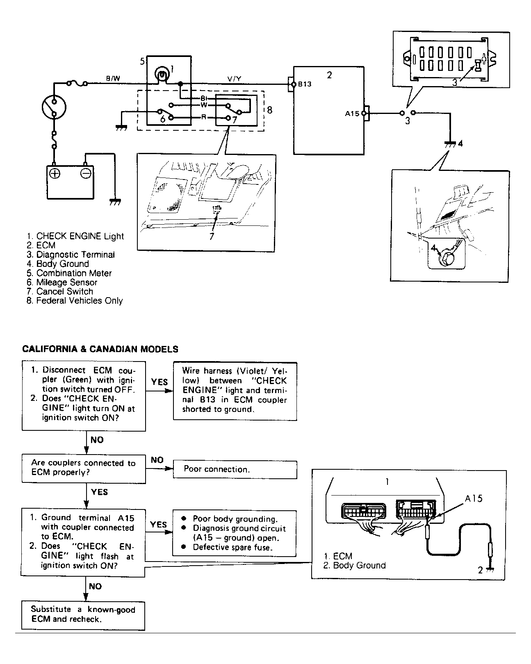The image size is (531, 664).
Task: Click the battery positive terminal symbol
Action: click(x=55, y=173)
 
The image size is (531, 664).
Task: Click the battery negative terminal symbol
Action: click(x=85, y=173)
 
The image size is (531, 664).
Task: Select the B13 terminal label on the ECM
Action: click(x=305, y=84)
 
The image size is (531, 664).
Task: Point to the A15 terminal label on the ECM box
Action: click(x=352, y=114)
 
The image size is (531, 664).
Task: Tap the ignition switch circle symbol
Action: click(x=54, y=107)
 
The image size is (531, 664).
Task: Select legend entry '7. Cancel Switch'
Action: click(x=60, y=291)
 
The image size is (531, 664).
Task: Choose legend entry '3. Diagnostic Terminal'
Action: click(x=71, y=255)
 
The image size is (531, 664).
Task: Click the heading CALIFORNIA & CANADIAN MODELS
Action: click(x=100, y=349)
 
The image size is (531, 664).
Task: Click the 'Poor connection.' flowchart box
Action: click(x=235, y=469)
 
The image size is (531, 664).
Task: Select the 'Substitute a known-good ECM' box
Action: click(x=83, y=615)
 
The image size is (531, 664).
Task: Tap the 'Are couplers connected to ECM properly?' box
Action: click(x=84, y=468)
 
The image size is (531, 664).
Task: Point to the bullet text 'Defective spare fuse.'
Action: click(x=232, y=547)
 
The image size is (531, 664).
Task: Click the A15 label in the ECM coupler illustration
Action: click(x=474, y=498)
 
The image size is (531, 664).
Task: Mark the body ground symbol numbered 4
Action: click(x=450, y=144)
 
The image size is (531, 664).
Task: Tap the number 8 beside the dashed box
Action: click(x=269, y=110)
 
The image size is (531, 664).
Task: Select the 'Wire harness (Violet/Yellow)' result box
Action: click(x=235, y=390)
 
